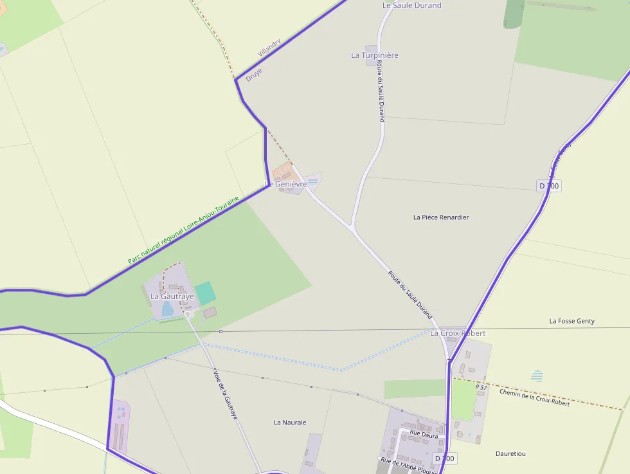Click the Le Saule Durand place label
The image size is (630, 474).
411,5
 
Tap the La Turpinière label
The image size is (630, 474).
375,55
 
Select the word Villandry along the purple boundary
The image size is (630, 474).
269,48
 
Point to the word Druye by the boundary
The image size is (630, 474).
254,74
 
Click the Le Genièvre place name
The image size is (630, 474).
286,185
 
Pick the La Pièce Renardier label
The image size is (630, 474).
441,217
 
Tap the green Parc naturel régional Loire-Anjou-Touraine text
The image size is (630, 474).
183,230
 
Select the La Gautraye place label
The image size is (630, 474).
172,296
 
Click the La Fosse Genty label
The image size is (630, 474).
571,321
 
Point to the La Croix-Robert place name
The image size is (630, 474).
458,333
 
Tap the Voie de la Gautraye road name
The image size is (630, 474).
225,394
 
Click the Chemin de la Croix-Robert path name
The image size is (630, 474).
534,397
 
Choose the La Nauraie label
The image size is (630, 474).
290,423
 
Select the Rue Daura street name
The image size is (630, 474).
424,435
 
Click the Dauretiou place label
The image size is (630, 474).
510,453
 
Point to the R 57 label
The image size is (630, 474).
482,387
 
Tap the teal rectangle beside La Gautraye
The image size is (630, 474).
205,293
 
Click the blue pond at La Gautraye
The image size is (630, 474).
168,309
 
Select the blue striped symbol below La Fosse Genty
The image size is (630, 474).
537,376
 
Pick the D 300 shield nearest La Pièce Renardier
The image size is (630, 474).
549,186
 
